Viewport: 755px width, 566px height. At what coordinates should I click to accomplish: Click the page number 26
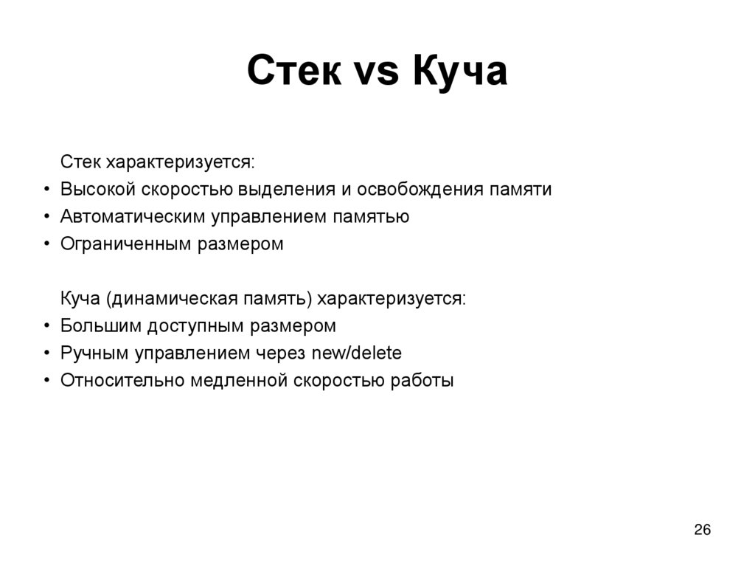(x=702, y=530)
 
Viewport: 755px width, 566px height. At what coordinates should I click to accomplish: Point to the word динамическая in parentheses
(x=170, y=299)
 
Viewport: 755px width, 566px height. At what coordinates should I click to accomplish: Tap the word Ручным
(x=94, y=353)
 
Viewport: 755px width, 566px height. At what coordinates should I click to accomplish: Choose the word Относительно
(x=122, y=381)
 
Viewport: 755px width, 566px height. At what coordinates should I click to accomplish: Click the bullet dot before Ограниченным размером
(x=46, y=245)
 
